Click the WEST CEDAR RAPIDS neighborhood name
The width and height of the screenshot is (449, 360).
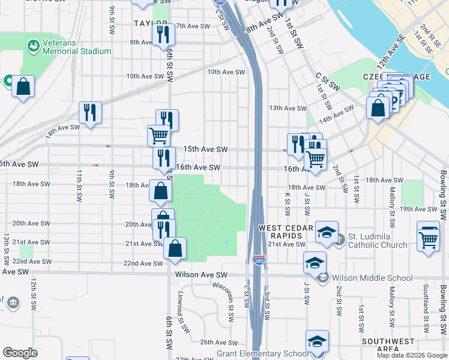click(x=286, y=233)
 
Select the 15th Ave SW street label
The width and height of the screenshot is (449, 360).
click(x=205, y=149)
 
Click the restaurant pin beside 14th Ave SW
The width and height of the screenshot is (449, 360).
click(x=90, y=113)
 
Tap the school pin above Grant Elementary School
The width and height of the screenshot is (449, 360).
click(x=317, y=341)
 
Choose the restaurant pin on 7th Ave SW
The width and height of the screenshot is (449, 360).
click(x=163, y=34)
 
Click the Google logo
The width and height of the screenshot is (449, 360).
click(x=20, y=353)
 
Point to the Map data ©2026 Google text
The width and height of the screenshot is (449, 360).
click(x=411, y=355)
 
